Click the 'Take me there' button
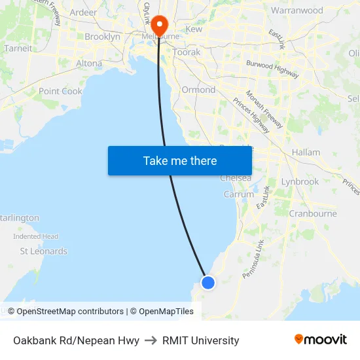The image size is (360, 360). pyautogui.click(x=180, y=160)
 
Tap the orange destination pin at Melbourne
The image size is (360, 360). pyautogui.click(x=158, y=25)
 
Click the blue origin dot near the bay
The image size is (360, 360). pyautogui.click(x=207, y=282)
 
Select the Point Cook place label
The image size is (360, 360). pyautogui.click(x=60, y=91)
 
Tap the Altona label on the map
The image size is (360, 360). pyautogui.click(x=89, y=63)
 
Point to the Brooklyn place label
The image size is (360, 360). pyautogui.click(x=102, y=37)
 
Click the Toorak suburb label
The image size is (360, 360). pyautogui.click(x=187, y=52)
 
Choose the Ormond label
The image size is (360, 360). pyautogui.click(x=198, y=90)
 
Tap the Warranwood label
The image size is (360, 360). pyautogui.click(x=297, y=10)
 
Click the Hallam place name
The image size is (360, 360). pyautogui.click(x=306, y=152)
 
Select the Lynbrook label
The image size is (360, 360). pyautogui.click(x=300, y=181)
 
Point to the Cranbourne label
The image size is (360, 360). pyautogui.click(x=313, y=213)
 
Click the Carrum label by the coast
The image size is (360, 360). pyautogui.click(x=238, y=194)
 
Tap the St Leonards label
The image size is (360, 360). pyautogui.click(x=43, y=251)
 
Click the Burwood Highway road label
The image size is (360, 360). pyautogui.click(x=272, y=69)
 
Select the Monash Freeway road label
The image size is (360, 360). pyautogui.click(x=264, y=108)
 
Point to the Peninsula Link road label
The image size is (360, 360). pyautogui.click(x=253, y=259)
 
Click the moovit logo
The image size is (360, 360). pyautogui.click(x=321, y=339)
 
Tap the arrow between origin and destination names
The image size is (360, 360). pyautogui.click(x=151, y=340)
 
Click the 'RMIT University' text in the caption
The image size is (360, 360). pyautogui.click(x=201, y=340)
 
